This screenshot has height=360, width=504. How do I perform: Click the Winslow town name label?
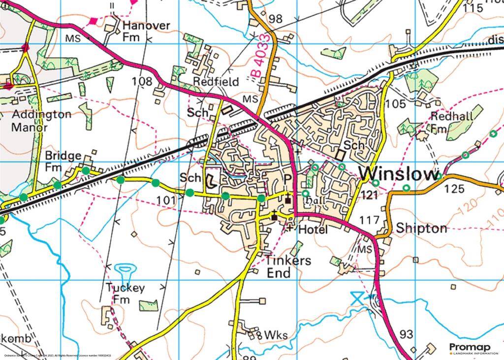(x=399, y=174)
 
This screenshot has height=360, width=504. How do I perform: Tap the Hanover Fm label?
(x=140, y=31)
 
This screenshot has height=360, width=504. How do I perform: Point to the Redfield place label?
(x=216, y=81)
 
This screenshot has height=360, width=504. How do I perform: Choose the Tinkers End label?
(x=288, y=266)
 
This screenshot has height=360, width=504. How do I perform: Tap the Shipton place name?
(x=422, y=229)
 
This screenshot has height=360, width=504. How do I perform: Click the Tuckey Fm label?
(x=126, y=294)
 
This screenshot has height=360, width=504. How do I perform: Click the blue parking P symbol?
(x=289, y=179)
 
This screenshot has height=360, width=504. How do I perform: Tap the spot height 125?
(x=454, y=189)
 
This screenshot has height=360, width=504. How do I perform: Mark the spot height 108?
(x=142, y=81)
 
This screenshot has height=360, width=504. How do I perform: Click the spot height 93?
(x=407, y=335)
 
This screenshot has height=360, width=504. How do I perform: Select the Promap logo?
(x=473, y=348)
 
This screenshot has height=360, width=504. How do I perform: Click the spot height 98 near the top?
(x=276, y=19)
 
